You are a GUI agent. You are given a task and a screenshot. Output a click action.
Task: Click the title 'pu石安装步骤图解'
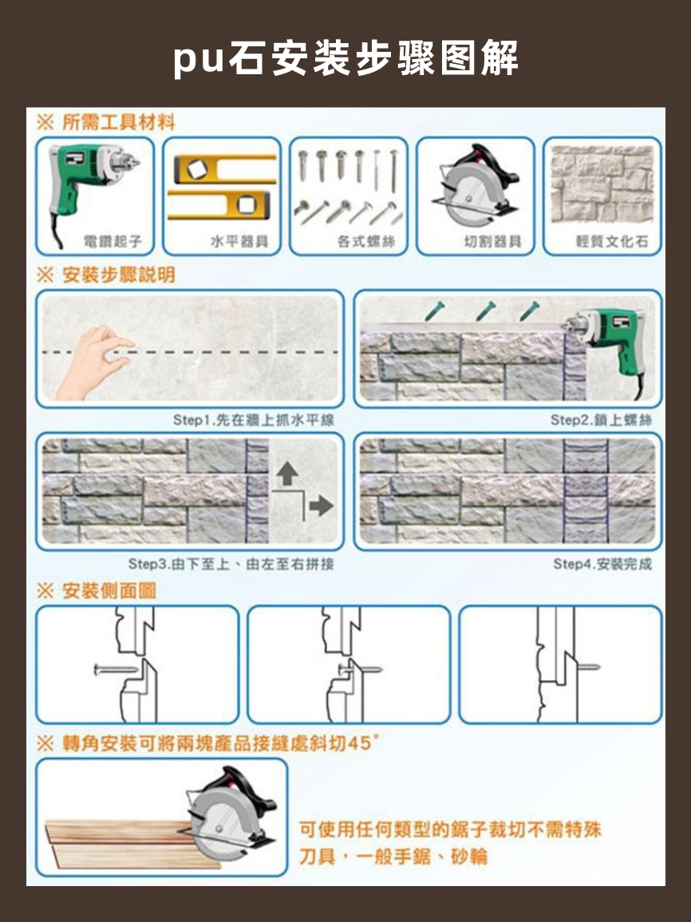(x=345, y=59)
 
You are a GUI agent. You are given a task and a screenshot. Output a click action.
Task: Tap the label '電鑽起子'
(x=113, y=241)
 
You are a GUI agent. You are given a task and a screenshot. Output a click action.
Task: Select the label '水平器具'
(x=239, y=241)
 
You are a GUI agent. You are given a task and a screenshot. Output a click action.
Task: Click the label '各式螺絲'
(x=366, y=241)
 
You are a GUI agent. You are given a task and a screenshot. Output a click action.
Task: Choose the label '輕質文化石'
(x=612, y=241)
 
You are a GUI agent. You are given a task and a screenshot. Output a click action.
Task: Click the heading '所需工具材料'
(x=117, y=122)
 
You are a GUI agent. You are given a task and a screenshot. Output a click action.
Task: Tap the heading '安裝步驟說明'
(x=117, y=275)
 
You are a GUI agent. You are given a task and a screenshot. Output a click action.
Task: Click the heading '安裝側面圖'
(x=109, y=591)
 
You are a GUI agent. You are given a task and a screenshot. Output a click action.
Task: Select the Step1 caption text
(x=254, y=420)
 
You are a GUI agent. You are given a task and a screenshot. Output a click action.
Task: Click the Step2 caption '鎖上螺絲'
(x=601, y=420)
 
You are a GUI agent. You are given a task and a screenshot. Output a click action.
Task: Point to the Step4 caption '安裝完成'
(x=602, y=564)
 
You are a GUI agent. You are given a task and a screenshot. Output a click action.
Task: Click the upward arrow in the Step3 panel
(x=286, y=476)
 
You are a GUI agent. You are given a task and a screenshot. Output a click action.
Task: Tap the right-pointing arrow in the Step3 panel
(x=321, y=505)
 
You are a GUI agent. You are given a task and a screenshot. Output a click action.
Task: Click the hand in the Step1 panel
(x=92, y=363)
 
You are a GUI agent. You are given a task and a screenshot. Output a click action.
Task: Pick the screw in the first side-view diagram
(x=116, y=666)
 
